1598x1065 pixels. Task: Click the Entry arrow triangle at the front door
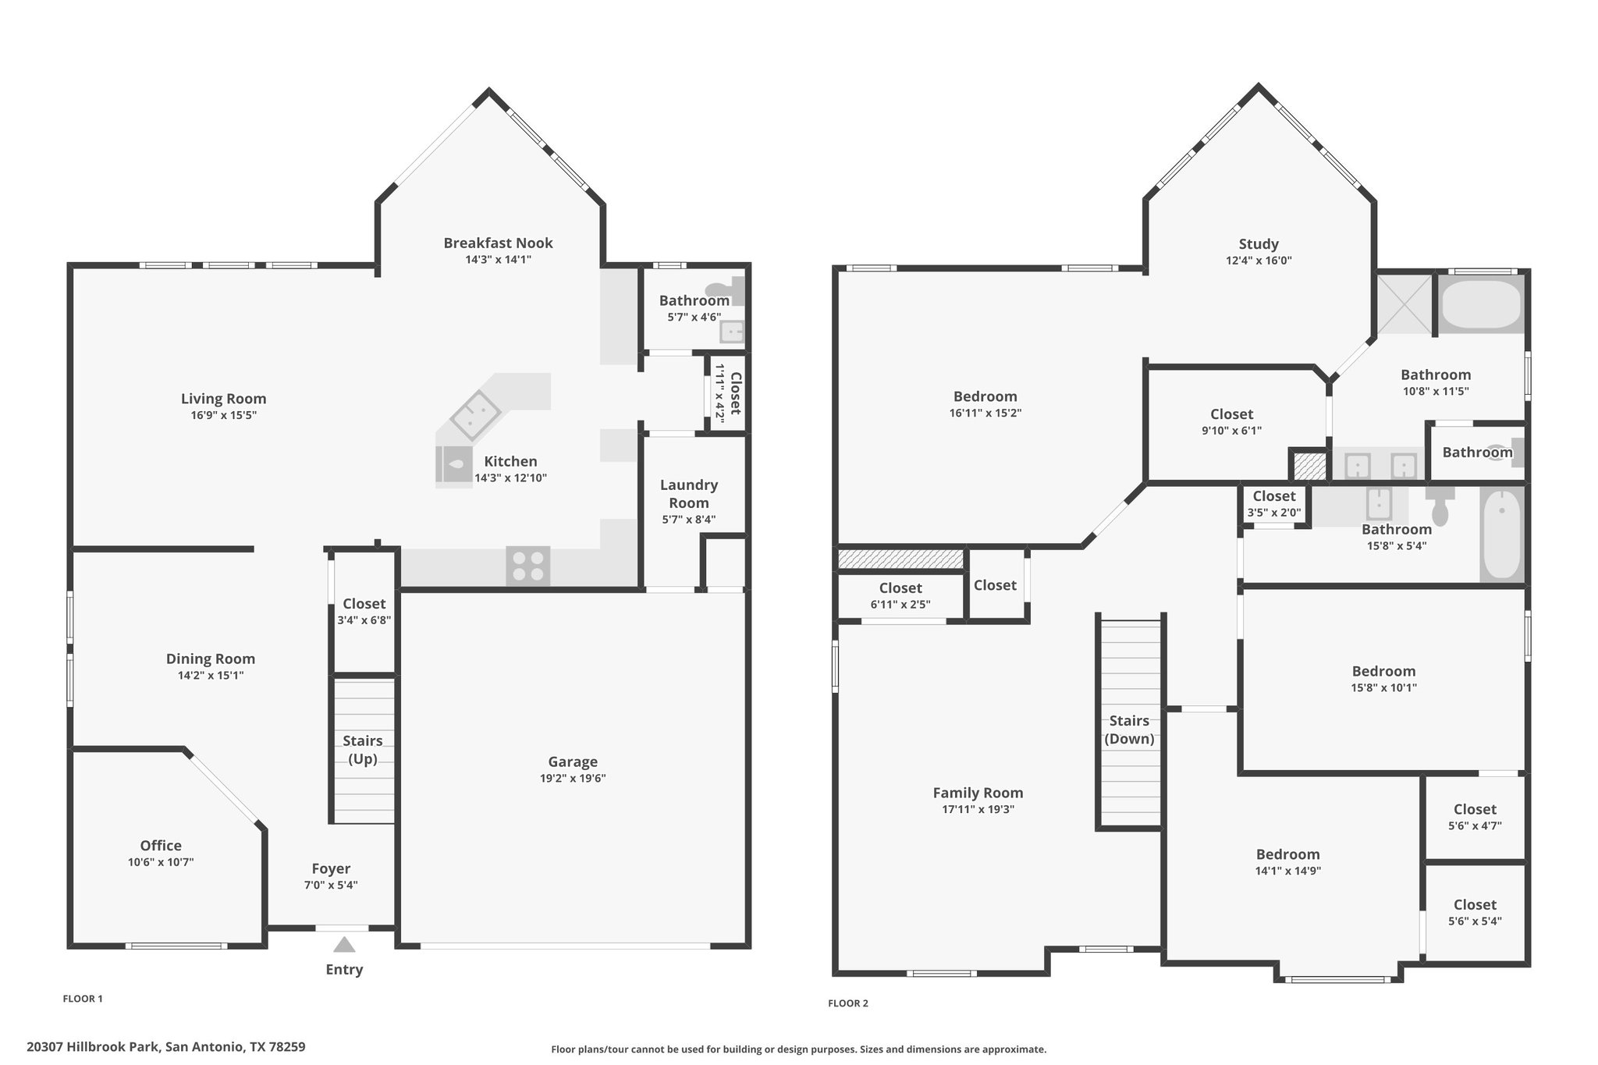coord(344,945)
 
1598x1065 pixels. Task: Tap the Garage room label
coord(573,761)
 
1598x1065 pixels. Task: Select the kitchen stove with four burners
coord(528,566)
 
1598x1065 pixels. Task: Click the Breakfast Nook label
coord(499,243)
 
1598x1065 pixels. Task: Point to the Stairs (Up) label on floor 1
coord(364,750)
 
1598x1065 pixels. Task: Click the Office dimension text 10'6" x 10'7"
coord(161,862)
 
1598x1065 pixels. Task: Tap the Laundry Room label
coord(689,494)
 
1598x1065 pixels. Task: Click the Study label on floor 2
coord(1259,244)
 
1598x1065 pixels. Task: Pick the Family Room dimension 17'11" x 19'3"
coord(978,810)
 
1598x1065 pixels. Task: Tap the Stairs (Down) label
coord(1129,730)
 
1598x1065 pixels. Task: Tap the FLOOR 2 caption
coord(848,1003)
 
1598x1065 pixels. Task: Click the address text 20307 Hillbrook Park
coord(94,1046)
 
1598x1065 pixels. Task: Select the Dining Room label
coord(211,659)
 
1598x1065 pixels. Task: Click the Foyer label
coord(331,868)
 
